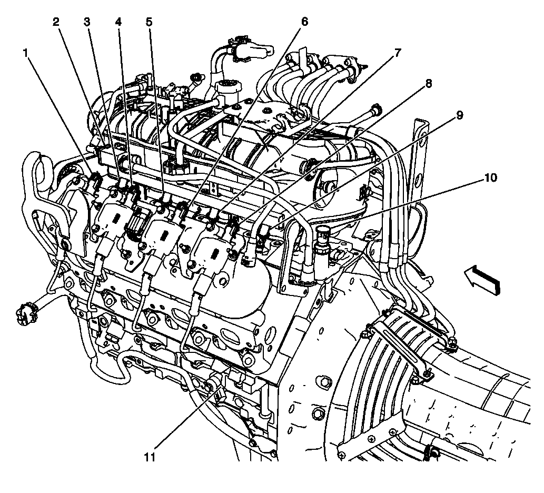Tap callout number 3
(x=87, y=22)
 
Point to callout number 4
(x=118, y=22)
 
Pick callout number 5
(x=149, y=22)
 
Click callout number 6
(x=304, y=22)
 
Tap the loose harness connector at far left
(x=24, y=314)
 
